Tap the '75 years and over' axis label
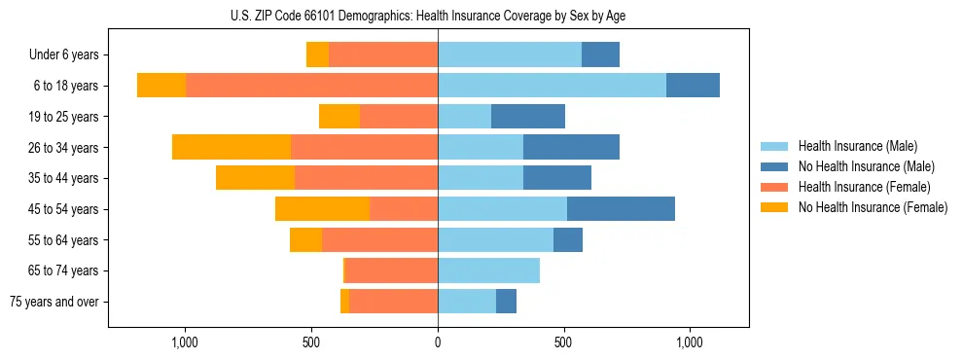[x=54, y=302]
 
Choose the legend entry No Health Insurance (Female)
[x=873, y=207]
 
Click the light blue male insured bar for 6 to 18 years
[x=552, y=86]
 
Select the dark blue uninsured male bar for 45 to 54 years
[x=621, y=209]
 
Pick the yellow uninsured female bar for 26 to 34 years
[x=232, y=147]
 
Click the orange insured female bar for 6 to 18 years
[x=311, y=86]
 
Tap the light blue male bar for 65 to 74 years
[x=488, y=270]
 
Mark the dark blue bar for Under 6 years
[x=600, y=55]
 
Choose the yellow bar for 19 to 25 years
[x=339, y=117]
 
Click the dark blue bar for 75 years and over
[x=506, y=302]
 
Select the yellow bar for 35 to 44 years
[x=255, y=178]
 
